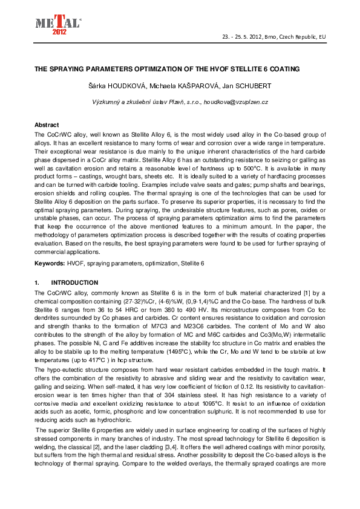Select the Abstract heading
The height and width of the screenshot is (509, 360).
pos(47,124)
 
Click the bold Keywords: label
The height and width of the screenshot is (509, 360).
pos(49,264)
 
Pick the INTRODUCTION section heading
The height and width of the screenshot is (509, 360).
pos(74,282)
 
